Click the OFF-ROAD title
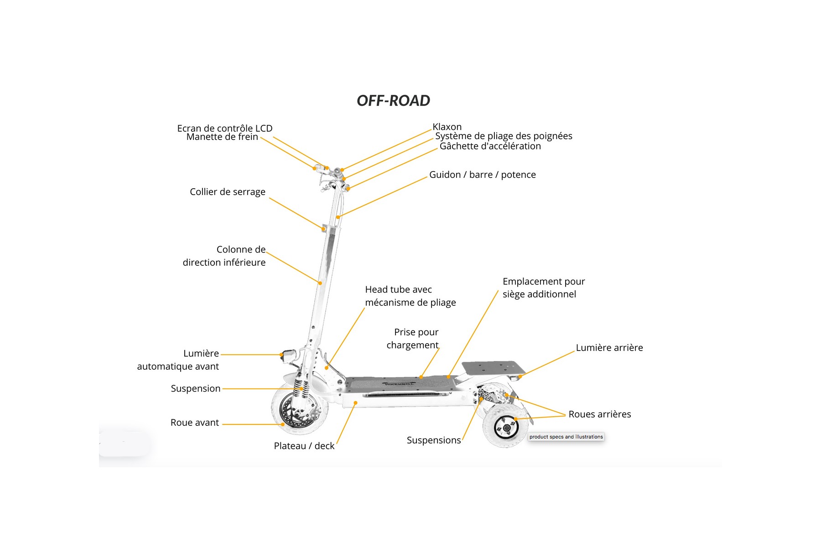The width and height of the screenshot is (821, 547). (393, 101)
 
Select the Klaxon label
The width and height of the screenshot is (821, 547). (447, 127)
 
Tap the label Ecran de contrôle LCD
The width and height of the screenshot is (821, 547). (224, 129)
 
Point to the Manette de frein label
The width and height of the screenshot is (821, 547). (222, 137)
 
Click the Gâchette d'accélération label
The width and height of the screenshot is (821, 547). (490, 146)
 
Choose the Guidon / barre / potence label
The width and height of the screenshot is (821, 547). (482, 175)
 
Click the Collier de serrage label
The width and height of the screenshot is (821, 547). (227, 192)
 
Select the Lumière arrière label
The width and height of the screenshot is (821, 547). (609, 348)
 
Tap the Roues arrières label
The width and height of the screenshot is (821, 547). (599, 414)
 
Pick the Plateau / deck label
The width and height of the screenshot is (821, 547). (304, 446)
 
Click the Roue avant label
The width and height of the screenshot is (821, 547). (194, 423)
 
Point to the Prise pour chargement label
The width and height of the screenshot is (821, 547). (413, 339)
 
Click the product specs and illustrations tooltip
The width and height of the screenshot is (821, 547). (566, 437)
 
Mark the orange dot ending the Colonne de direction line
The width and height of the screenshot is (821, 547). (320, 283)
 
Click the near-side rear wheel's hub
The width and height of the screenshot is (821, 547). (505, 427)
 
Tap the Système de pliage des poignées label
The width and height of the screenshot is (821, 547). (503, 136)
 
